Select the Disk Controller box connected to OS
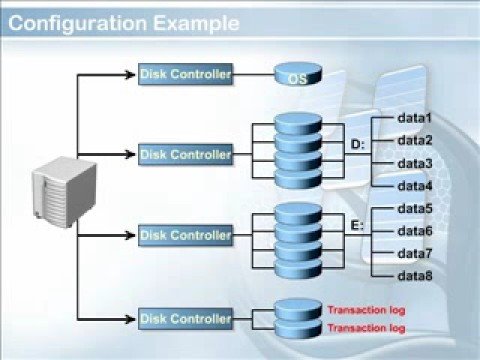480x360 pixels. [x=186, y=73]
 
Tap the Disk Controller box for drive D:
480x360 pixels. [x=186, y=154]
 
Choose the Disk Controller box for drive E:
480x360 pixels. [x=186, y=235]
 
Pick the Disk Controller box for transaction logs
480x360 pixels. [x=186, y=319]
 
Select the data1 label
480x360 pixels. [x=414, y=119]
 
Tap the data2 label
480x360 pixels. [x=414, y=141]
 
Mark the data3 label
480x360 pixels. [x=414, y=163]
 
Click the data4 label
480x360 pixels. [x=414, y=185]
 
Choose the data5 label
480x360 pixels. [x=414, y=208]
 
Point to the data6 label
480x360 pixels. [x=414, y=230]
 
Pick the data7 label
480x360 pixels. [x=414, y=253]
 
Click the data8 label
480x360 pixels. [x=414, y=275]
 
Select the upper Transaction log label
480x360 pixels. [x=365, y=309]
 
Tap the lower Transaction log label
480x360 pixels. [x=365, y=327]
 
